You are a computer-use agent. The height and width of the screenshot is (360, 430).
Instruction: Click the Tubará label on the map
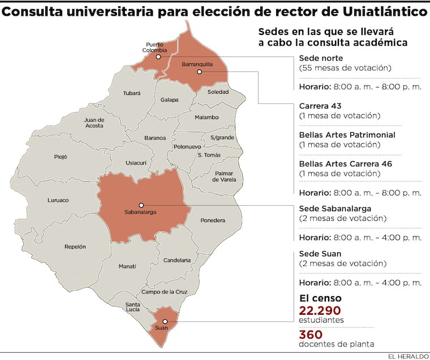132,94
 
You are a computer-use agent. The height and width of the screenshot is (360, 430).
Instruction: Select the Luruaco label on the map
58,199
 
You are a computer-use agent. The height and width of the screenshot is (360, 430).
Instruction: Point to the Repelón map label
75,246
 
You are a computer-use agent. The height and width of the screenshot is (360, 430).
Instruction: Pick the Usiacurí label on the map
136,162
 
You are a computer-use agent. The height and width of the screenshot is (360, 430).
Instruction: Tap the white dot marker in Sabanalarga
141,205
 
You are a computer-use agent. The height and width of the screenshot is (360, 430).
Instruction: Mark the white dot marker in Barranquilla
199,72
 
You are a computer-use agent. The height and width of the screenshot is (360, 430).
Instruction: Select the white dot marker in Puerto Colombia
158,57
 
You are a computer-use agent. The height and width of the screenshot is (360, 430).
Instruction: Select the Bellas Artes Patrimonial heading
347,135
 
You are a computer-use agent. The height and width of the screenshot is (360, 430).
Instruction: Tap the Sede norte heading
320,58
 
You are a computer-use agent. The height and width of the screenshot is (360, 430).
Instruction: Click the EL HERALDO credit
407,356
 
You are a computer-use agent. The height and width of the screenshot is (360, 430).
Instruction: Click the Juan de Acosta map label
94,123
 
